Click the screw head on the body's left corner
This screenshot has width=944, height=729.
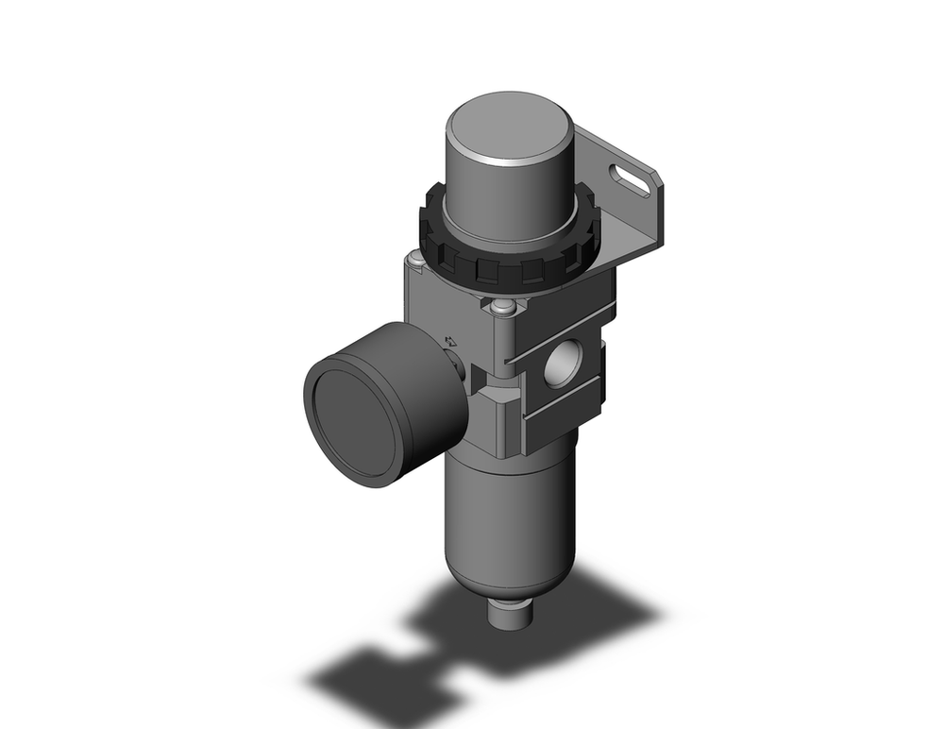[416, 260]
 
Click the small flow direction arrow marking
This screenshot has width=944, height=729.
[451, 341]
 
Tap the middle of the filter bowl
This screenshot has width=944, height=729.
[505, 510]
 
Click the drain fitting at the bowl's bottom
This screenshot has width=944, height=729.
[514, 618]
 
